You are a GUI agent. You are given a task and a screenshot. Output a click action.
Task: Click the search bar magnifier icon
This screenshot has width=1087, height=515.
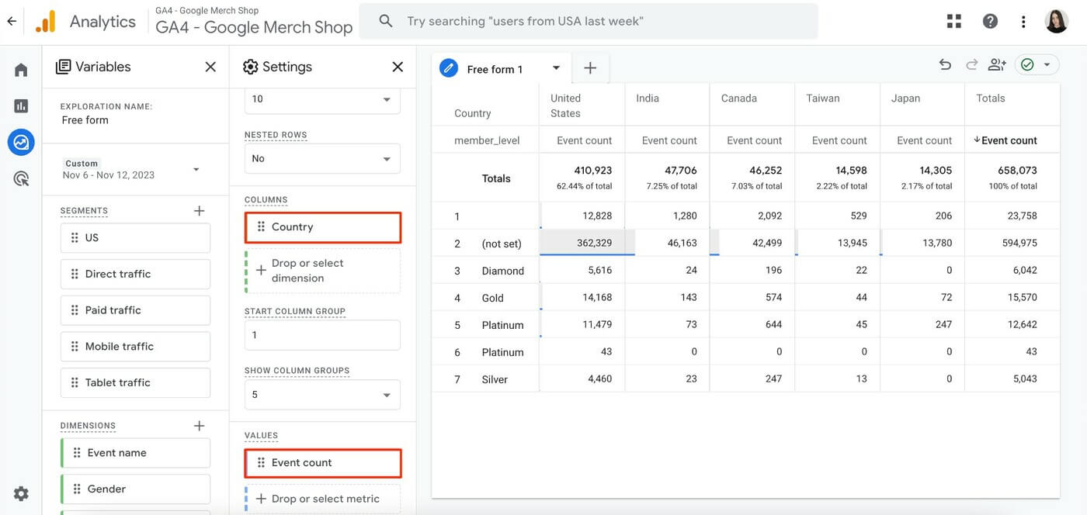[x=385, y=21]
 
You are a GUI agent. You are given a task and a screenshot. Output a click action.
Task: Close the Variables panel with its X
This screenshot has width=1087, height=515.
[x=210, y=67]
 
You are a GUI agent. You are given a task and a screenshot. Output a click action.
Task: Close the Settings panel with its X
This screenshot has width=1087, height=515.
[x=398, y=67]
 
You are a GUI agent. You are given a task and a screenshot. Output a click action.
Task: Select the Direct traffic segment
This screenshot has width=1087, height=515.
[x=135, y=274]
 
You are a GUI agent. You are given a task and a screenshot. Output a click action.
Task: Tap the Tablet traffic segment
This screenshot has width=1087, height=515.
[x=135, y=382]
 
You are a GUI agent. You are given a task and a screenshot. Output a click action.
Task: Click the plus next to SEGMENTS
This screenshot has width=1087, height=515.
[x=199, y=211]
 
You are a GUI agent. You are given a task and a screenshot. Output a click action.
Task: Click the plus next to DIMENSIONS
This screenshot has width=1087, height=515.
[x=199, y=426]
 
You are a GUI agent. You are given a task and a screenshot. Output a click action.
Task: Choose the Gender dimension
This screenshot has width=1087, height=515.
[x=135, y=489]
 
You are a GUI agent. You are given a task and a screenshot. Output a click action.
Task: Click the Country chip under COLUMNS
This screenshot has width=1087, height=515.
[x=323, y=227]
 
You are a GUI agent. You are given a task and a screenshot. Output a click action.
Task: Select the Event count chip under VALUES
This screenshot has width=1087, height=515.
[x=323, y=463]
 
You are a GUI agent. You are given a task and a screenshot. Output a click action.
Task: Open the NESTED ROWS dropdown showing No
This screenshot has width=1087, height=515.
[x=323, y=158]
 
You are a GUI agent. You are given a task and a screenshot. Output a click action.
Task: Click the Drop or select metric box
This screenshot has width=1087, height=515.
[x=323, y=499]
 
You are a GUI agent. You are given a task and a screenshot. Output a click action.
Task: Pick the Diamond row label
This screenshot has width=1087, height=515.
[x=502, y=271]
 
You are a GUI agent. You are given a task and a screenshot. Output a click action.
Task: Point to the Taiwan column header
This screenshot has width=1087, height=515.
[x=823, y=99]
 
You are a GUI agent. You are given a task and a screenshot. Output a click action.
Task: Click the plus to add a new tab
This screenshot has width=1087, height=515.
[x=590, y=68]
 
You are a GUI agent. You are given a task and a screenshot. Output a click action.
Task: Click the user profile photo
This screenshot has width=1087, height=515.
[x=1057, y=21]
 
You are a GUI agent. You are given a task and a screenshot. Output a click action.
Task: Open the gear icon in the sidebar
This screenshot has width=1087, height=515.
[x=21, y=493]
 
